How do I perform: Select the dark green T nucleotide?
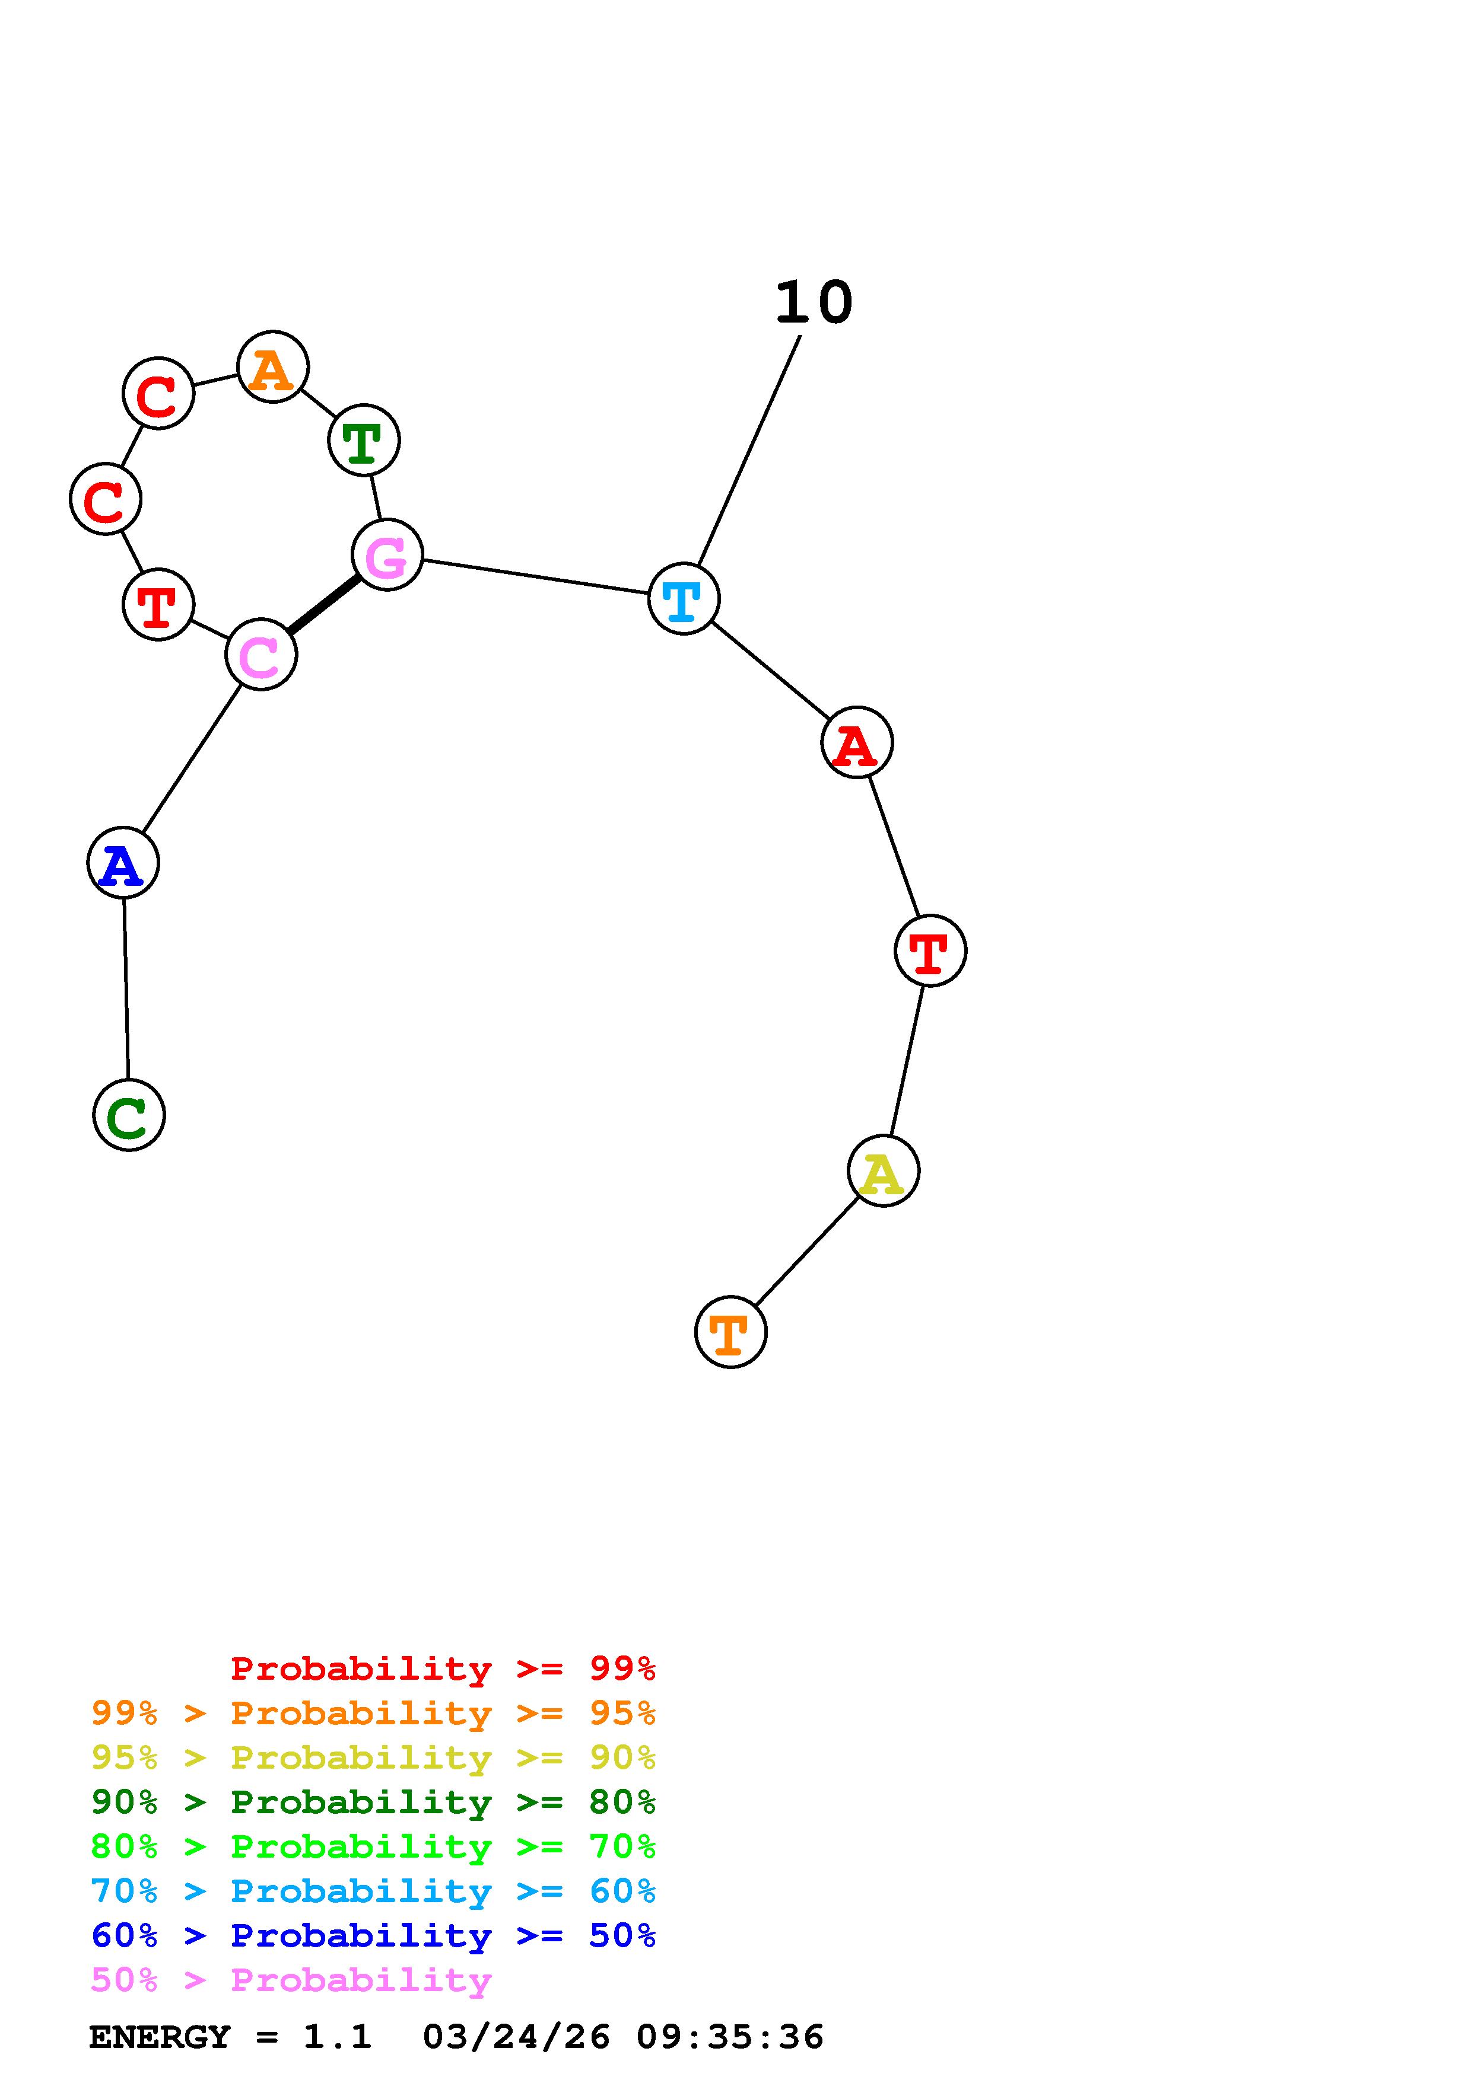coord(363,441)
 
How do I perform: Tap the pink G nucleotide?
coord(387,556)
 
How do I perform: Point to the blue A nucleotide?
coord(123,863)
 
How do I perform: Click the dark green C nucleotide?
coord(129,1115)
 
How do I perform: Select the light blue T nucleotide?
coord(684,599)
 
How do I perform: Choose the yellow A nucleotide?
coord(883,1172)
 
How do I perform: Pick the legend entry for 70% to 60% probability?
coord(373,1891)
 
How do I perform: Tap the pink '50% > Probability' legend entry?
coord(291,1980)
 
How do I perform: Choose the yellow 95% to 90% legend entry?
coord(373,1757)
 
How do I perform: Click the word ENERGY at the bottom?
coord(160,2037)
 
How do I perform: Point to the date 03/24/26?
coord(516,2037)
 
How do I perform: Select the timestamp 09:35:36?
coord(730,2037)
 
